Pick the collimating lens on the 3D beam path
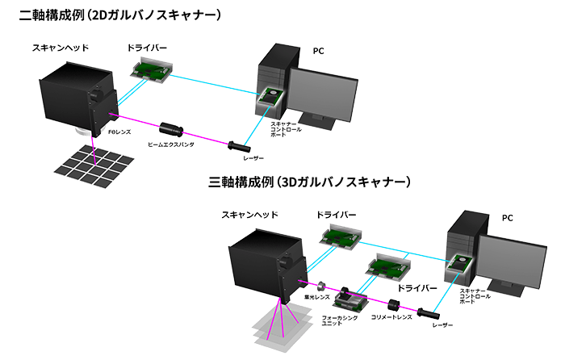(x=395, y=306)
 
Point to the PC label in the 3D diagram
(x=507, y=218)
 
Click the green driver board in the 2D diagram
(x=152, y=69)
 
